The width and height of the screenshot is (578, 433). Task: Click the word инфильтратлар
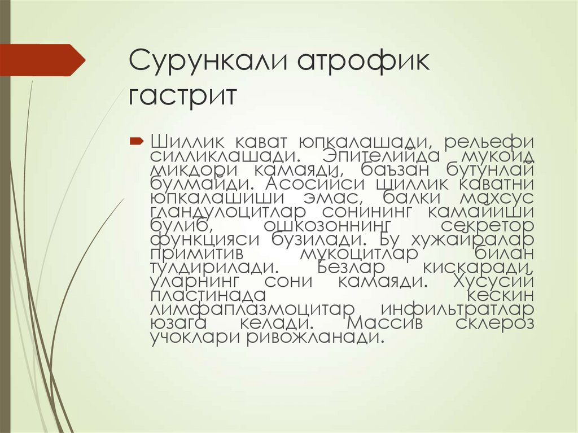point(457,309)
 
